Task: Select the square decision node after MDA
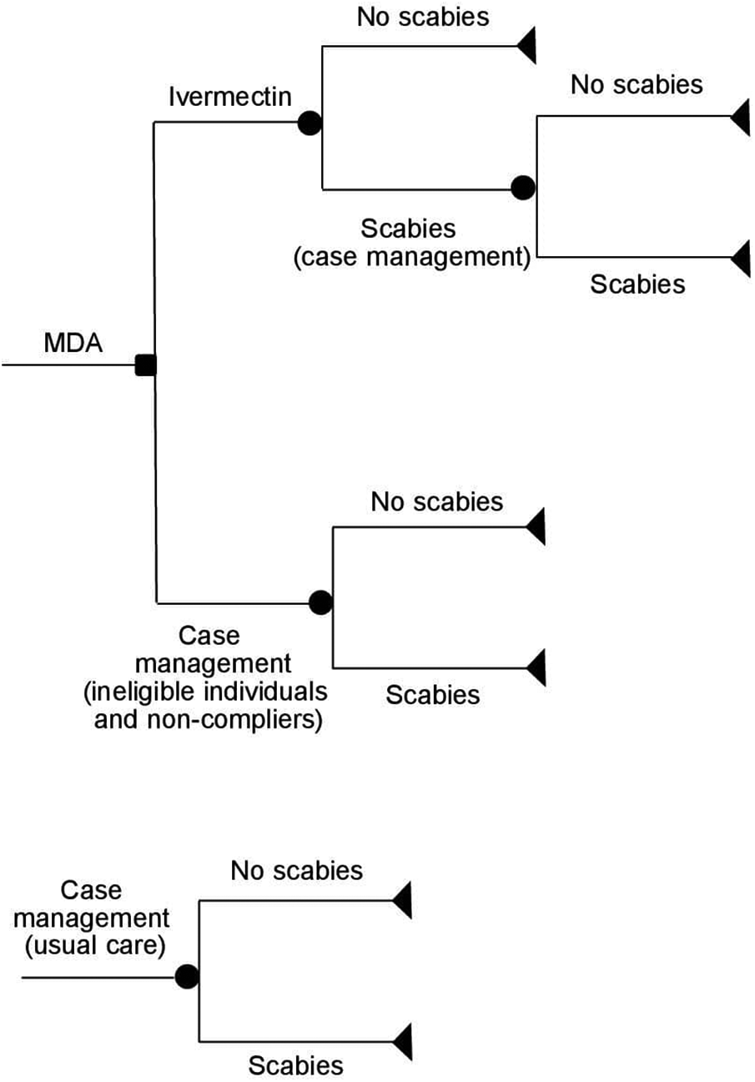[x=146, y=365]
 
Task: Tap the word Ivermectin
[x=230, y=97]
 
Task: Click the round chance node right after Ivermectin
[x=310, y=124]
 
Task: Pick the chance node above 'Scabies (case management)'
[x=523, y=189]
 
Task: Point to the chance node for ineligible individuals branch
[x=320, y=601]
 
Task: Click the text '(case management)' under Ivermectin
[x=412, y=257]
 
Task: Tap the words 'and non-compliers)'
[x=208, y=719]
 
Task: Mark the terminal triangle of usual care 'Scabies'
[x=403, y=1040]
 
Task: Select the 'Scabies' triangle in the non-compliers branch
[x=536, y=667]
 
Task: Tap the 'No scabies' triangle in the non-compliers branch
[x=536, y=527]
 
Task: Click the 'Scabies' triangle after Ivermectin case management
[x=741, y=258]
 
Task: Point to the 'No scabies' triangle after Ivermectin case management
[x=741, y=117]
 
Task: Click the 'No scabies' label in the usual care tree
[x=297, y=871]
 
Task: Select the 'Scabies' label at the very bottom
[x=296, y=1065]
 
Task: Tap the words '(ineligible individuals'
[x=211, y=692]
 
